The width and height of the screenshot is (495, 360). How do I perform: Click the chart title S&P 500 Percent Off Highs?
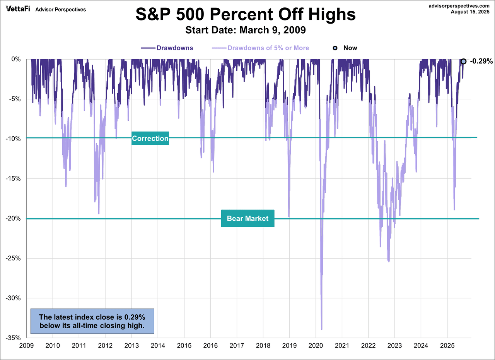coord(245,15)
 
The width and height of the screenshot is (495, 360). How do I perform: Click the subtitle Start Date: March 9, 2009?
coord(245,30)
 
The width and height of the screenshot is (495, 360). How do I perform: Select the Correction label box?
coord(150,138)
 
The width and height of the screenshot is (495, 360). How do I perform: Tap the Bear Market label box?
coord(247,218)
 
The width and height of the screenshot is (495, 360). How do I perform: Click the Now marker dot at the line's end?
coord(463,61)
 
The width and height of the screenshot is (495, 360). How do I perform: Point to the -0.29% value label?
coord(481,61)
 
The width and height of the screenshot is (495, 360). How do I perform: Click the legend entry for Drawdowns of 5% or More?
coord(268,48)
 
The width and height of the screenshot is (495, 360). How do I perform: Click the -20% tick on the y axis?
coord(15,218)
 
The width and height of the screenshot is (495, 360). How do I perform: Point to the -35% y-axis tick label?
coord(15,338)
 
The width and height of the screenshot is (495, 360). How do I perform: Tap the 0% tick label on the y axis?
coord(17,59)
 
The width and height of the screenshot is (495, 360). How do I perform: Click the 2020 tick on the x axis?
coord(316,345)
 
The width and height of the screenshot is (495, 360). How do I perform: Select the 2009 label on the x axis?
coord(26,345)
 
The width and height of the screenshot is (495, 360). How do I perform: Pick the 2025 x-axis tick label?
coord(447,345)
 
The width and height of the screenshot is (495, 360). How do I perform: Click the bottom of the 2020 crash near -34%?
coord(322,328)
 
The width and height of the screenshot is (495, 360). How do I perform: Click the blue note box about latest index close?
coord(92,321)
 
